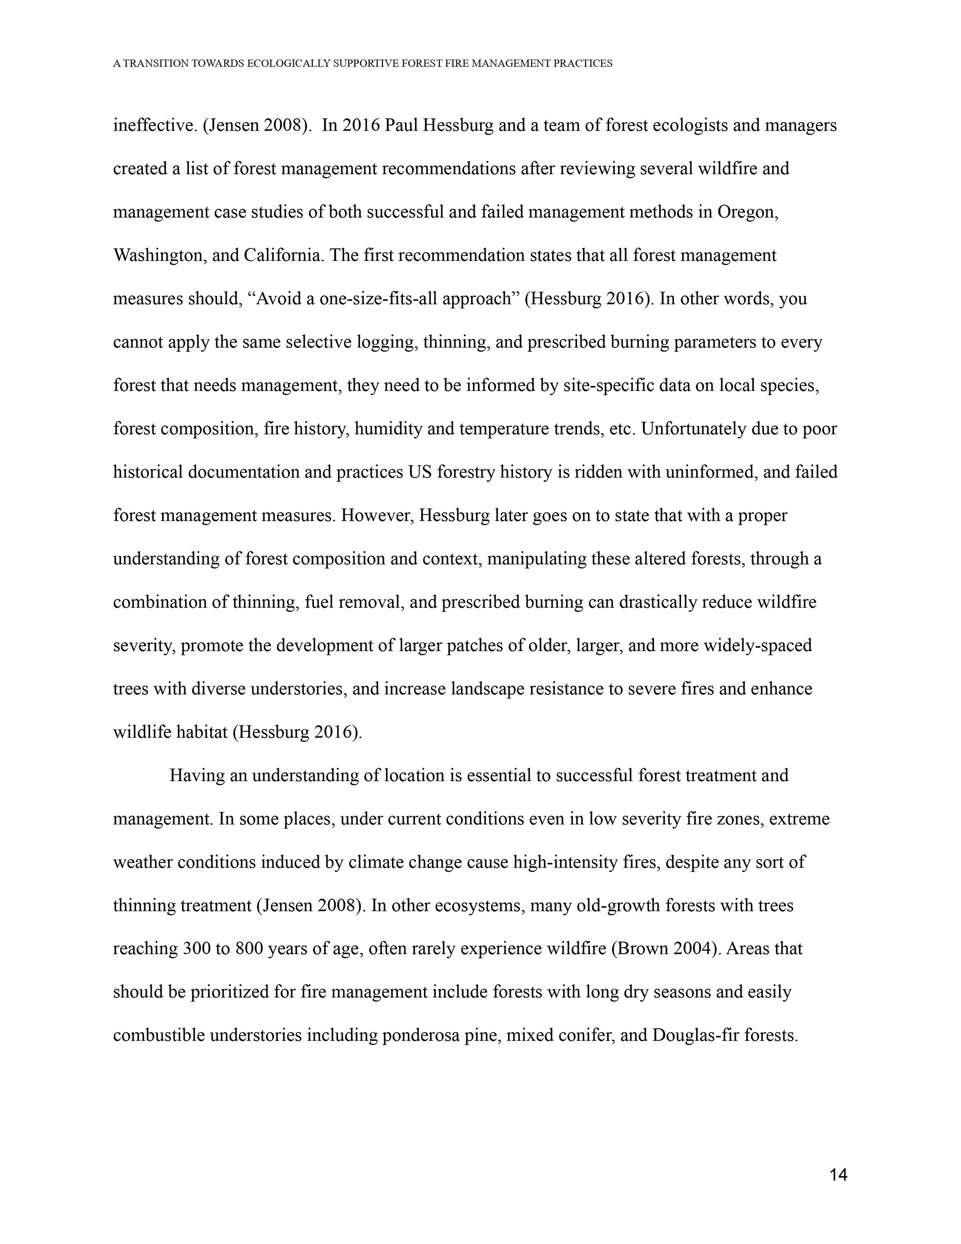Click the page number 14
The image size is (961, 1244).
838,1174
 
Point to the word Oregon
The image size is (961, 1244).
747,212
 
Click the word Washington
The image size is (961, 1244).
160,255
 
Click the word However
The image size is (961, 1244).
377,516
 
